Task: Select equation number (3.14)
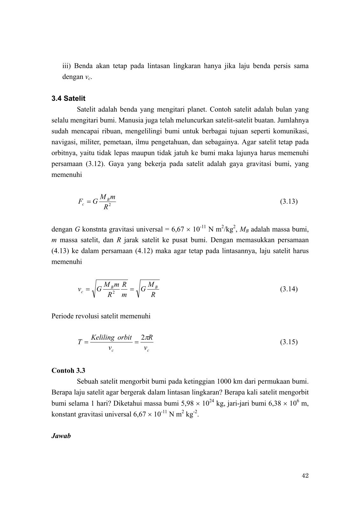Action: click(289, 289)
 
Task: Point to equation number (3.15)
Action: click(289, 342)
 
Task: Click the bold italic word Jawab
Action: click(61, 436)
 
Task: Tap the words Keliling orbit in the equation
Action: click(111, 338)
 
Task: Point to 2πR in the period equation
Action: click(147, 338)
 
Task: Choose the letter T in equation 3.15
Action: click(80, 342)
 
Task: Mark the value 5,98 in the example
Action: click(188, 404)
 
